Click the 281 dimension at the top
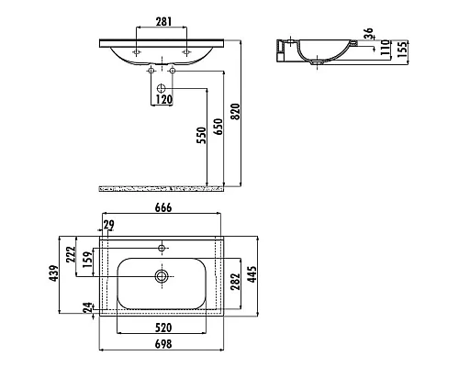[163, 22]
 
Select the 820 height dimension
[235, 112]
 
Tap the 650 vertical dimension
[218, 127]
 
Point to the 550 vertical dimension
[201, 135]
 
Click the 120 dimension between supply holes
[164, 99]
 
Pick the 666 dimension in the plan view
[163, 207]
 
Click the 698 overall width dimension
[163, 344]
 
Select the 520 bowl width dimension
[163, 328]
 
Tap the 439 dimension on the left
[54, 273]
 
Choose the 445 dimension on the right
[252, 274]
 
